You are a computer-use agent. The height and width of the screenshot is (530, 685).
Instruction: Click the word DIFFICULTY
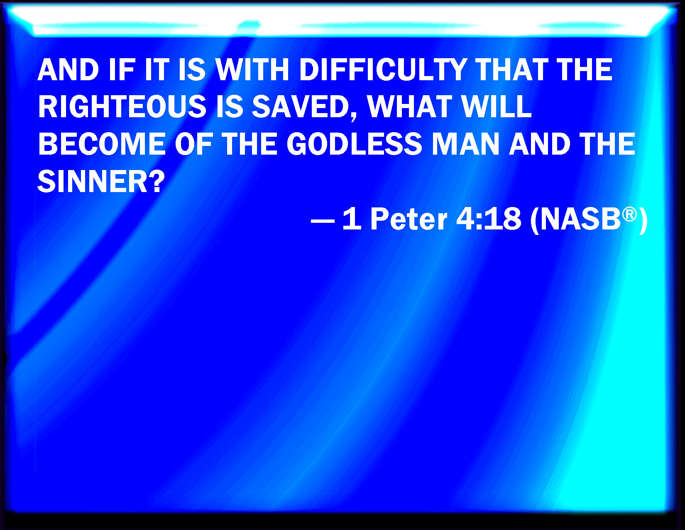pyautogui.click(x=383, y=70)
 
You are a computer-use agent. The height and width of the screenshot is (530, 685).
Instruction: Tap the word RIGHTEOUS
pyautogui.click(x=122, y=107)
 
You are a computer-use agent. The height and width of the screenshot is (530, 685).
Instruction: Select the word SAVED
pyautogui.click(x=301, y=107)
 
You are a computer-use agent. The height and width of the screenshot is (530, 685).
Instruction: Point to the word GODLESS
pyautogui.click(x=354, y=144)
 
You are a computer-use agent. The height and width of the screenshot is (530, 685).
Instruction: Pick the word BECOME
pyautogui.click(x=102, y=144)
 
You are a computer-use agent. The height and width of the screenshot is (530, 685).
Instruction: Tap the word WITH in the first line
pyautogui.click(x=252, y=70)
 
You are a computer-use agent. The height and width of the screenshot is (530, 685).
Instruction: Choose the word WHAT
pyautogui.click(x=409, y=107)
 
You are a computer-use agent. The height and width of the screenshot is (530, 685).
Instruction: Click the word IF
pyautogui.click(x=122, y=70)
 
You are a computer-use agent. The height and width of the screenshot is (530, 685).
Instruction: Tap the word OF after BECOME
pyautogui.click(x=193, y=144)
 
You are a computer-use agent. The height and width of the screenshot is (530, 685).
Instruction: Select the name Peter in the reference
pyautogui.click(x=409, y=219)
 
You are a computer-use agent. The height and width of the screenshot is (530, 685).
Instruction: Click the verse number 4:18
pyautogui.click(x=488, y=219)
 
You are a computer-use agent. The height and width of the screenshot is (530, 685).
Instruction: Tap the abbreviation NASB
pyautogui.click(x=580, y=219)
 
